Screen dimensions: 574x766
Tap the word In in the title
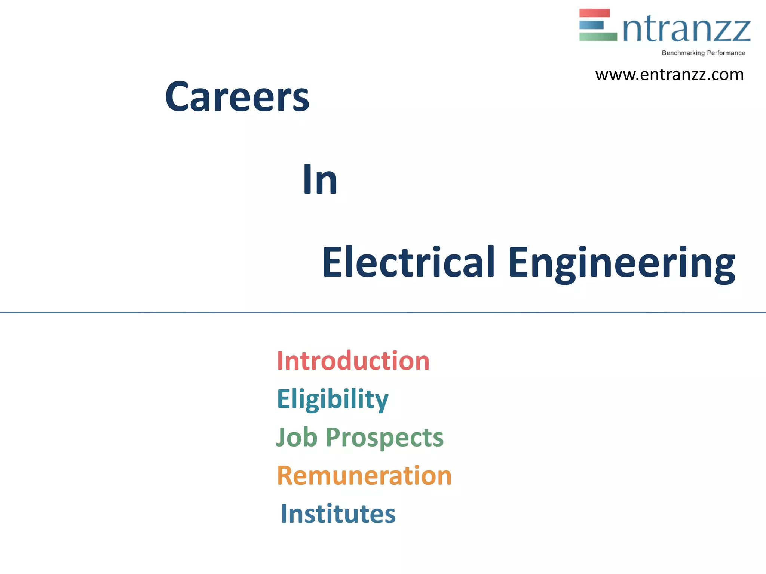320,180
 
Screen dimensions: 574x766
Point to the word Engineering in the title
621,263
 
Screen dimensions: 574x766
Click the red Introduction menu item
353,361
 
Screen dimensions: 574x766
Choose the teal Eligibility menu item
333,399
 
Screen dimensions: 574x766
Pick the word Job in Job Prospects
297,437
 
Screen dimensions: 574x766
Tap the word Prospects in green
384,438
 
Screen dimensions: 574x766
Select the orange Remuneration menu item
364,476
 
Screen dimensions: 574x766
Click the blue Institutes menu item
338,514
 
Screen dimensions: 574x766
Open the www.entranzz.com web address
670,75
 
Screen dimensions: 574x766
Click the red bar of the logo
594,13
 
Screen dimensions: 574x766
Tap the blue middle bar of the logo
591,25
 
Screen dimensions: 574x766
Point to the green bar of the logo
598,37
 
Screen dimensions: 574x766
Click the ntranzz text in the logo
687,30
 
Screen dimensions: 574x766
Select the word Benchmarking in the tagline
683,53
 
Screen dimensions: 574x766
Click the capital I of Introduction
280,361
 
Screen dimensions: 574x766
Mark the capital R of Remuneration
285,476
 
